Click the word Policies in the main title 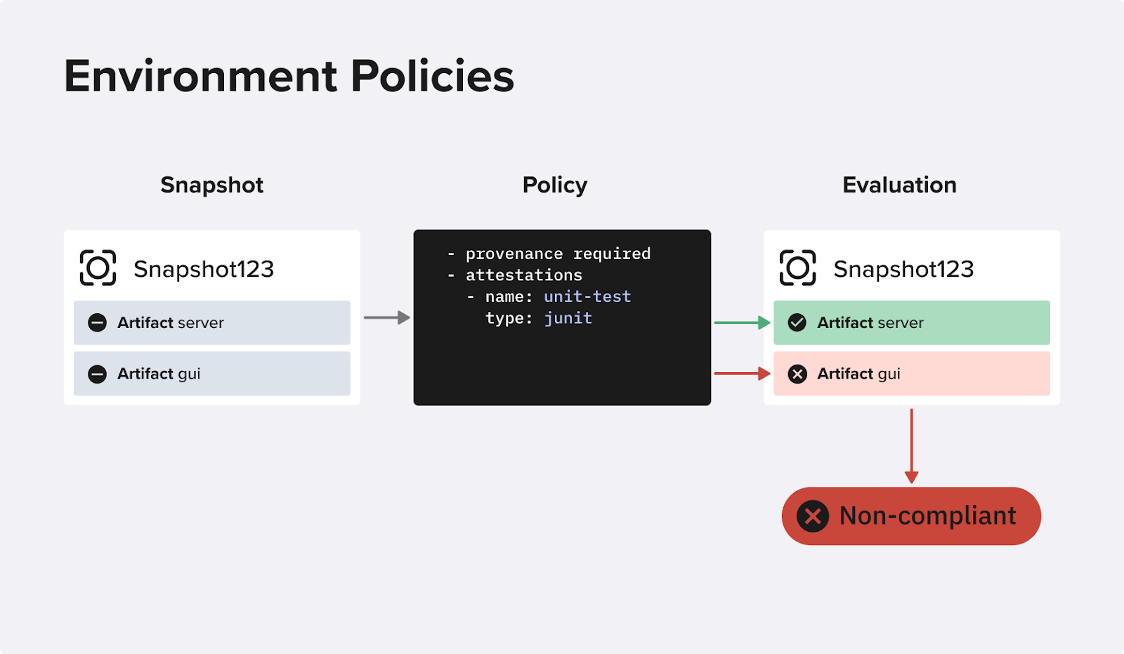[x=432, y=77]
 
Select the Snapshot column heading [x=211, y=185]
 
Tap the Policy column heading [x=554, y=185]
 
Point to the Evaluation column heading [x=899, y=185]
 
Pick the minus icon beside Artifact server [x=98, y=322]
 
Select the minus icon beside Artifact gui [x=98, y=374]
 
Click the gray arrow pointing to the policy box [x=387, y=318]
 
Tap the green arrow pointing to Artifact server [x=742, y=322]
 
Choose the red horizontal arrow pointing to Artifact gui [x=742, y=374]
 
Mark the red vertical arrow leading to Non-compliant [x=911, y=446]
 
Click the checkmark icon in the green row [x=797, y=322]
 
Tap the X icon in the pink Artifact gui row [x=797, y=374]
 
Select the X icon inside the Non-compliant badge [x=813, y=516]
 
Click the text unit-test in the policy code [x=587, y=296]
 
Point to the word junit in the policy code [x=568, y=318]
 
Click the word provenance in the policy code [x=514, y=254]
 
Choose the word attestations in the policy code [x=524, y=275]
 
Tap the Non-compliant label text [x=928, y=516]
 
